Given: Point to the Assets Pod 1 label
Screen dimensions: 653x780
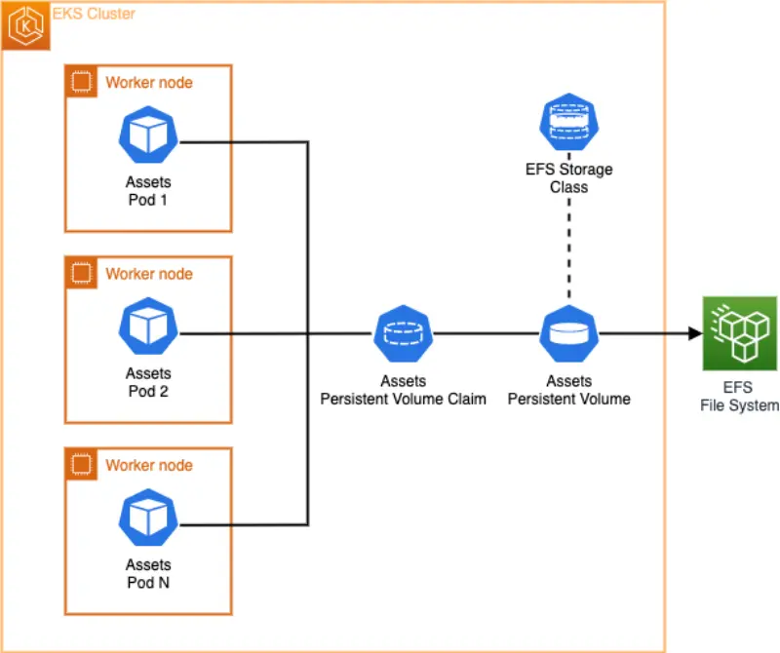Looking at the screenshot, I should click(147, 191).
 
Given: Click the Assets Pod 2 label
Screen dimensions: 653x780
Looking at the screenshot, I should click(147, 382).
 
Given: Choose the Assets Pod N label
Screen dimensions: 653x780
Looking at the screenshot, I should click(147, 573).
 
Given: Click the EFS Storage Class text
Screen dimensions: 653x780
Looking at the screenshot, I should click(568, 177).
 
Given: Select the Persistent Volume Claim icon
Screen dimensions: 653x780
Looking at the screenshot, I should click(403, 333).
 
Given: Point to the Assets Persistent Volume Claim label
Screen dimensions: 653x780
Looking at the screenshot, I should click(403, 390).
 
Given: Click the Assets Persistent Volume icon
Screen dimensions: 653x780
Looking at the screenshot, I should click(568, 333).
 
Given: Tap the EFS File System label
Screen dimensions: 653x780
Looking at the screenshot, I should click(738, 397).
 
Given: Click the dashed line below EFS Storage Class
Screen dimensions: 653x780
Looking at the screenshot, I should click(568, 249).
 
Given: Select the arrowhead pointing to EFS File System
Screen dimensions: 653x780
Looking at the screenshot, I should click(695, 333).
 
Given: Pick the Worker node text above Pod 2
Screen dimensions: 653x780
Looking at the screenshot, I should click(149, 274).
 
